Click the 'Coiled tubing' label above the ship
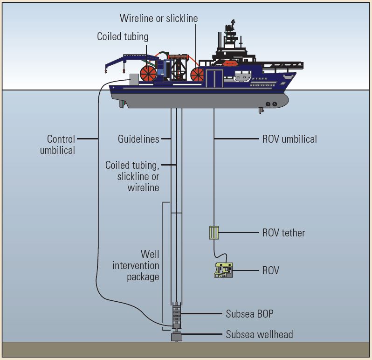coord(123,36)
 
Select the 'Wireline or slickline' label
coord(158,19)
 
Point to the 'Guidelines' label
coord(138,139)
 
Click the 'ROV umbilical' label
coord(289,139)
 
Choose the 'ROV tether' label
coord(283,233)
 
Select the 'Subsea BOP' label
coord(249,314)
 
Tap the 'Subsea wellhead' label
coord(259,334)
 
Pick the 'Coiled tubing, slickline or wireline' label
coord(132,176)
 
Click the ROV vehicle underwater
coord(223,270)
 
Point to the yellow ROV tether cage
coord(214,232)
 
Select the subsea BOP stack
coord(176,315)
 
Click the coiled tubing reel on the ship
coord(148,74)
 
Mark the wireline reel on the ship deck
coord(197,75)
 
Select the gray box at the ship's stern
coord(134,80)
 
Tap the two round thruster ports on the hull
coord(271,104)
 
